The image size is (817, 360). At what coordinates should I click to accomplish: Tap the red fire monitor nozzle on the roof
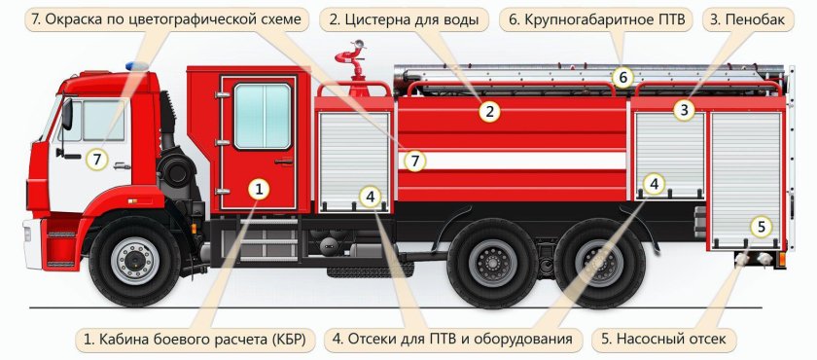[348, 63]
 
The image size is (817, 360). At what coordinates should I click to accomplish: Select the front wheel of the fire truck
[132, 260]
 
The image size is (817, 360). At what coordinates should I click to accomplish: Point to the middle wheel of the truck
[494, 261]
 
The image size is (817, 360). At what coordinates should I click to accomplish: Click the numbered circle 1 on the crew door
[258, 189]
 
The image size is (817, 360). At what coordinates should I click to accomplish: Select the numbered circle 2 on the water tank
[491, 112]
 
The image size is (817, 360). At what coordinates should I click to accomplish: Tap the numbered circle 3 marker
[685, 110]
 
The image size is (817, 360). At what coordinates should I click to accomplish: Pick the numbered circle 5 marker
[762, 227]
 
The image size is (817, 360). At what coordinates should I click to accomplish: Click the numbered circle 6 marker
[624, 77]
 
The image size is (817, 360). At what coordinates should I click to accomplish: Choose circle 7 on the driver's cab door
[95, 159]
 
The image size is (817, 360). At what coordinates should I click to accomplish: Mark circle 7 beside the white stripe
[415, 161]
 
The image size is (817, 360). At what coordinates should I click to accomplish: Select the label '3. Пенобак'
[744, 19]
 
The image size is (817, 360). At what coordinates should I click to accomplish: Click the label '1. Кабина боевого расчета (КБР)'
[195, 339]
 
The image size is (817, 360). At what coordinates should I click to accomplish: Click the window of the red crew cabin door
[263, 116]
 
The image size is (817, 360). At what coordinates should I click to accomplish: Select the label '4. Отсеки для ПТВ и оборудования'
[456, 339]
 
